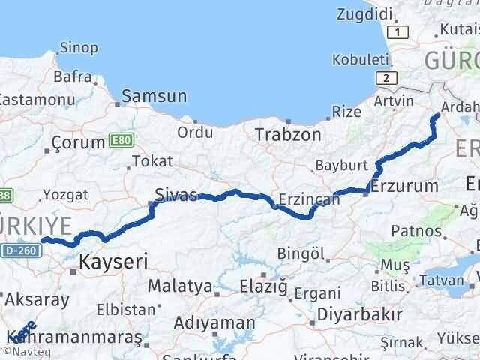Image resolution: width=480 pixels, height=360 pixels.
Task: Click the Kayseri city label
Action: click(x=113, y=262)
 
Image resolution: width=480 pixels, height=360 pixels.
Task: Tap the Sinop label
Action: click(x=77, y=49)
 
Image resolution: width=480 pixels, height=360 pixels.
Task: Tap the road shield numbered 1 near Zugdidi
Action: click(x=398, y=31)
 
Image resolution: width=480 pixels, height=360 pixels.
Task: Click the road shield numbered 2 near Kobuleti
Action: click(x=385, y=78)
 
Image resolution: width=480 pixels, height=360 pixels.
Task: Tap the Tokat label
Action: click(x=152, y=160)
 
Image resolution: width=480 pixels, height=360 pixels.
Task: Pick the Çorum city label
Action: click(x=78, y=142)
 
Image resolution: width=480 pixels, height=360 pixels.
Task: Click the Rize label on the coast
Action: click(x=346, y=112)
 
